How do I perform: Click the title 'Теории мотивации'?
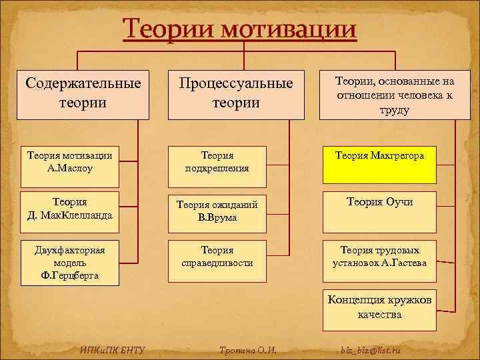[240, 29]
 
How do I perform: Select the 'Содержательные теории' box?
[83, 94]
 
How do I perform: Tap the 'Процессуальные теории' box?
[235, 94]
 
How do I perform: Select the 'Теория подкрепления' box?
[217, 162]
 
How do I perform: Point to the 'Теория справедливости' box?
[217, 257]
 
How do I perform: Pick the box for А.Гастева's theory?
[379, 257]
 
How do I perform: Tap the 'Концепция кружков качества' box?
[379, 307]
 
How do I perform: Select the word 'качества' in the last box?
[379, 314]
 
